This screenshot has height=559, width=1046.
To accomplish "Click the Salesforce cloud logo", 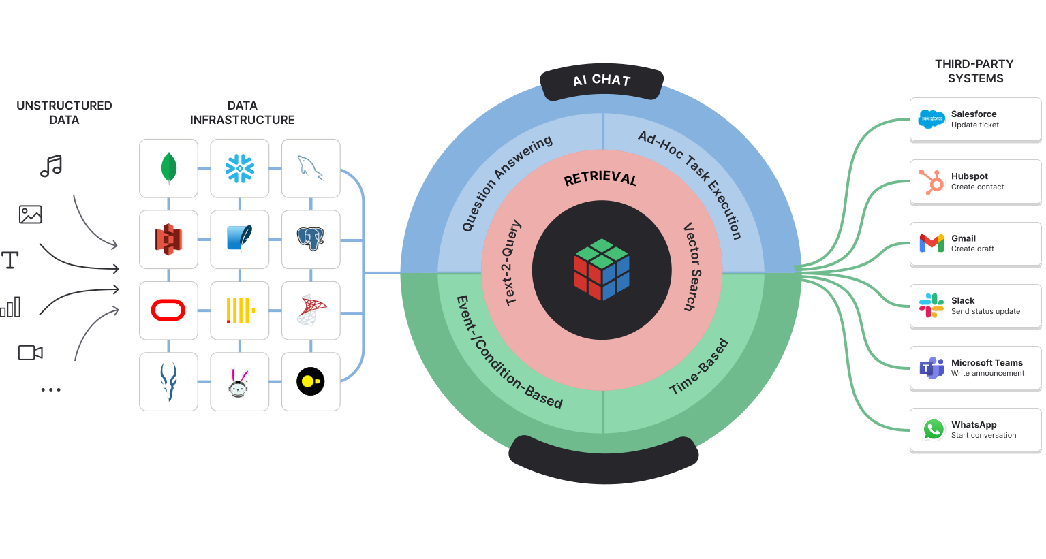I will coord(932,119).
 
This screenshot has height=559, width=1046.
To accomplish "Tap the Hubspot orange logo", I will coord(932,182).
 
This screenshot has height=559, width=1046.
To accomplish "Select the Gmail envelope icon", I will coord(932,243).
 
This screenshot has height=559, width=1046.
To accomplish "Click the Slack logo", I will coord(932,306).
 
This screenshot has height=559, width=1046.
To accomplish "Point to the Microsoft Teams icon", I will coord(932,368).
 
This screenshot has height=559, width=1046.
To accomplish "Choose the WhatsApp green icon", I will coord(933,430).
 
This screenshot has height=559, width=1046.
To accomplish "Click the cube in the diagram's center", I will coord(602,270).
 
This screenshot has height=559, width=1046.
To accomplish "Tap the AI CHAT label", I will coord(602,80).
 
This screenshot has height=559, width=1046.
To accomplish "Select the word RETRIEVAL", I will coord(600,178).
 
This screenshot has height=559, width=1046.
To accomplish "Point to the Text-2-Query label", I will coord(512,263).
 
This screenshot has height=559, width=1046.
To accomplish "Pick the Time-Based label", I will coord(699,367).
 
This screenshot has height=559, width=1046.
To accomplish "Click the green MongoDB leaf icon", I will coord(168,167).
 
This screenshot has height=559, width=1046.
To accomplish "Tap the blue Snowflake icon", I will coord(240,168).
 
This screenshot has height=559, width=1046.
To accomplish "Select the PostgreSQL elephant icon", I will coord(311,239).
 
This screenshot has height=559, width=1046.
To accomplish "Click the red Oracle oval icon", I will coord(168,310).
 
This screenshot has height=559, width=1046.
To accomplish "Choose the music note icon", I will coord(51,165).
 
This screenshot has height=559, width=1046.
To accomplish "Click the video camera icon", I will coord(30,352).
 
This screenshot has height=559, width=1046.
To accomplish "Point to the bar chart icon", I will coord(11,307).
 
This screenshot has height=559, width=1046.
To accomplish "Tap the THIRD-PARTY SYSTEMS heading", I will coord(974,71).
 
